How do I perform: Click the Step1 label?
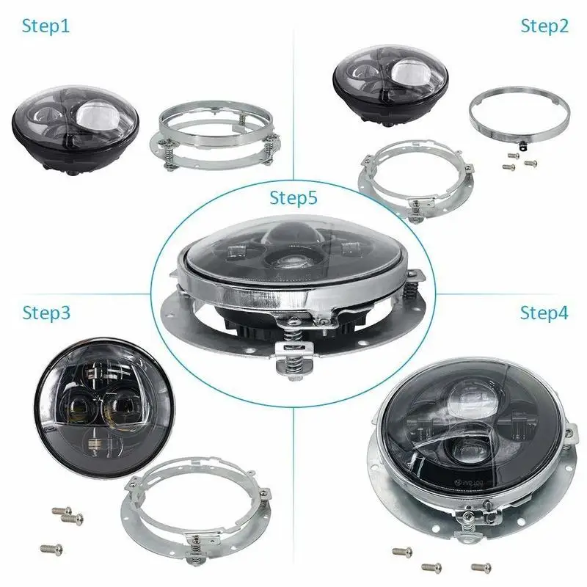coord(45,27)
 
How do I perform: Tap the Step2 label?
coord(544,27)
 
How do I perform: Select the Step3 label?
coord(46,313)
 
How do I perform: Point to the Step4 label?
coord(544,313)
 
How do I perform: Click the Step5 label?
coord(293,198)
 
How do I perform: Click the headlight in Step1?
coord(76,128)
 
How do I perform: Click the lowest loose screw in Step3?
coord(51,550)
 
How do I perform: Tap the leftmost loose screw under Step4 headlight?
coord(402,552)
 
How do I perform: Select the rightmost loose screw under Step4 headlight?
coord(481,567)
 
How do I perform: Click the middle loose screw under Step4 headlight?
coord(431,568)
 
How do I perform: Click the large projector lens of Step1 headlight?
coord(97,115)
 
